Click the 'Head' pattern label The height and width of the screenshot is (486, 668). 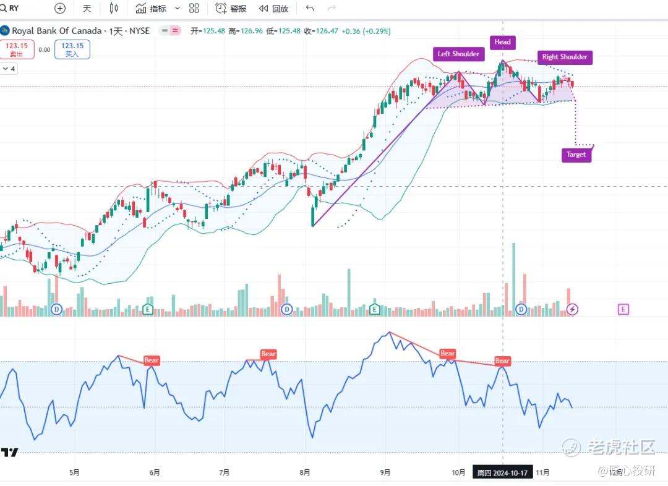tap(502, 42)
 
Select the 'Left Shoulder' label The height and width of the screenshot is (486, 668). tap(458, 54)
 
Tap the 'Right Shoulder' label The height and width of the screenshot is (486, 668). tap(564, 57)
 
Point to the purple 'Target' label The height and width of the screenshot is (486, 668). tap(576, 155)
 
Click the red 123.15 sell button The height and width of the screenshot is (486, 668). tap(17, 49)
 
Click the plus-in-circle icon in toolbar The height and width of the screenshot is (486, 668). tap(60, 9)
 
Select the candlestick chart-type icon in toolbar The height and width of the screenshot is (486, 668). tap(113, 9)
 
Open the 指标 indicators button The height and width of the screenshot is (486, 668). tap(151, 9)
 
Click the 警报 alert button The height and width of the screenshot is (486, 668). tap(231, 9)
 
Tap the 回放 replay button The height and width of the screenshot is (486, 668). tap(273, 9)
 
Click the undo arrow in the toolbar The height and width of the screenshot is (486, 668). tap(310, 9)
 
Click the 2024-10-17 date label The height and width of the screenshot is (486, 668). tap(502, 473)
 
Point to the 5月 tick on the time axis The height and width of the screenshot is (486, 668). tap(74, 472)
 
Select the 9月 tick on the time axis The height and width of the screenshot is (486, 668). tap(385, 472)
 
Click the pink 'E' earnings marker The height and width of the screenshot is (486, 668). tap(623, 309)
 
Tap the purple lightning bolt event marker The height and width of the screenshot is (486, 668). tap(573, 309)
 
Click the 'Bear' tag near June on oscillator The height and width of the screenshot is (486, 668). tap(151, 360)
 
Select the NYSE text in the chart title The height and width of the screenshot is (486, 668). tap(139, 31)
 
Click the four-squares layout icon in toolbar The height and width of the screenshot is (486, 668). tap(194, 9)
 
